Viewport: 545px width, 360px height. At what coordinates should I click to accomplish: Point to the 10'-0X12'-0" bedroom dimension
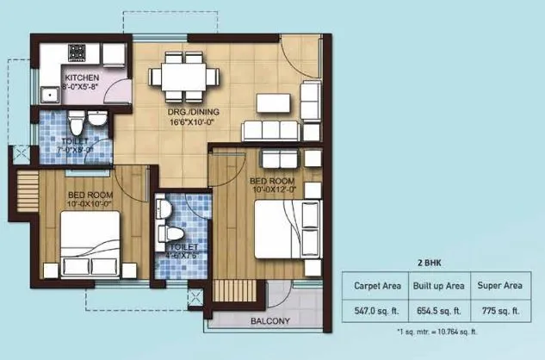tap(273, 190)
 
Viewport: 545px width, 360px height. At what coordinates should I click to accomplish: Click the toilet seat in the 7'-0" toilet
tap(77, 117)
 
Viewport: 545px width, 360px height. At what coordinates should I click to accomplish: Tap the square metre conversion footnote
tap(437, 332)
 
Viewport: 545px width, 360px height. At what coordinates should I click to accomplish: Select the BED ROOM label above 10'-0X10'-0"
tap(90, 195)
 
